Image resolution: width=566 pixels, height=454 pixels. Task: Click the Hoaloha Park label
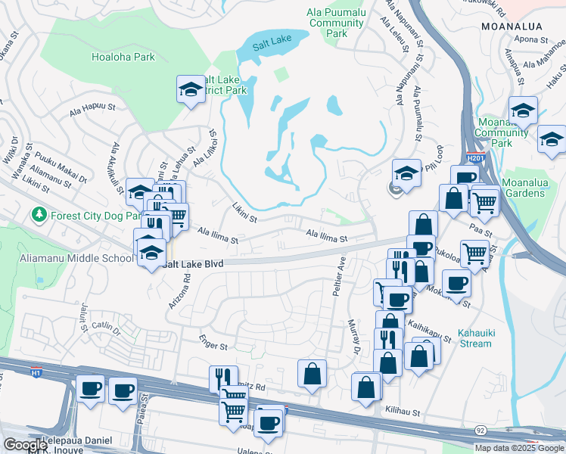click(123, 57)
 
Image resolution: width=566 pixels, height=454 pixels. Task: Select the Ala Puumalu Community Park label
click(337, 23)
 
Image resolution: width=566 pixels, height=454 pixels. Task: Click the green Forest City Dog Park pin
click(39, 216)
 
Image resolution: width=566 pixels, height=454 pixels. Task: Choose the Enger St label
click(213, 346)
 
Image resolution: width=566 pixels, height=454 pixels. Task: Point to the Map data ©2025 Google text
click(519, 448)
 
